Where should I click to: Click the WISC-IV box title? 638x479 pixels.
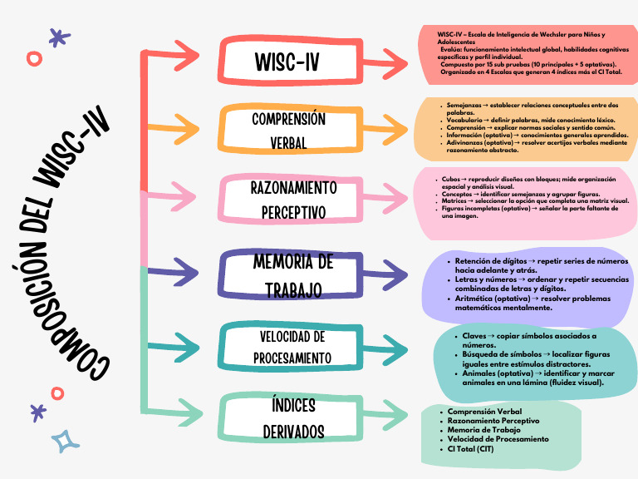(287, 62)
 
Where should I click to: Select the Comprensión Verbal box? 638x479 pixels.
(287, 130)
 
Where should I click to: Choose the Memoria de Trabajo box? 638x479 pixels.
(292, 275)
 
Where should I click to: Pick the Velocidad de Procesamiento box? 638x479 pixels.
(292, 347)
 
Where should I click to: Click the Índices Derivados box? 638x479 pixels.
(293, 418)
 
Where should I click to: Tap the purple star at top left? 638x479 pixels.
(56, 37)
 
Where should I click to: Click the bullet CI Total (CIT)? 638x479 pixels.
(470, 449)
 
